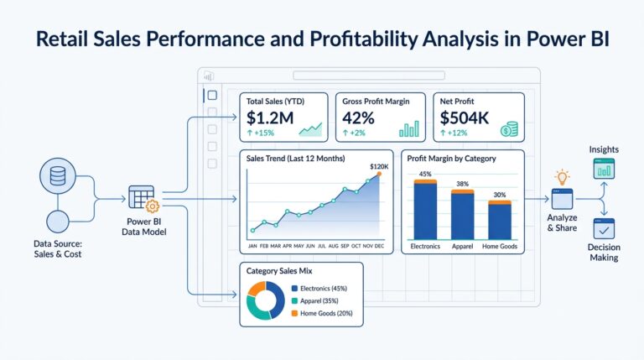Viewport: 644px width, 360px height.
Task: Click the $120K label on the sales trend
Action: click(379, 167)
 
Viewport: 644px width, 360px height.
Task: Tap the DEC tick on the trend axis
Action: click(380, 247)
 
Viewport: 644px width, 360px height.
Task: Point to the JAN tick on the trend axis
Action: click(252, 247)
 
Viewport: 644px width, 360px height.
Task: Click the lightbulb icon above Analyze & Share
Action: click(562, 177)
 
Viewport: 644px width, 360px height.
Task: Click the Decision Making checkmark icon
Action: click(604, 228)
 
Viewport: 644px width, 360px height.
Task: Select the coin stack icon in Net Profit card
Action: click(508, 128)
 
